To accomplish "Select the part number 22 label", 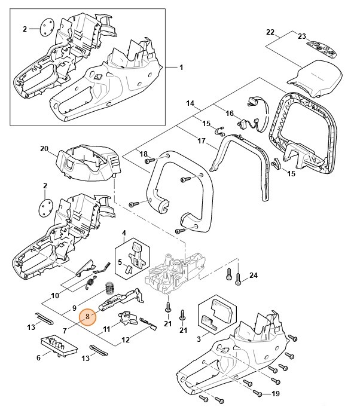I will [270, 32].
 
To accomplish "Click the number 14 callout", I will [191, 104].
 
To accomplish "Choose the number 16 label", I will [229, 113].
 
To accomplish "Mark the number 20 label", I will [44, 149].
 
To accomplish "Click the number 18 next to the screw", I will [143, 154].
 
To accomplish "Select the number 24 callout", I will [254, 276].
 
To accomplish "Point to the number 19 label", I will [276, 393].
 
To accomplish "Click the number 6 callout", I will [38, 358].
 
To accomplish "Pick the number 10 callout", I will [54, 295].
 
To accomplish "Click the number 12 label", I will [126, 340].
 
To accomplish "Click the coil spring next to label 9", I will [109, 289].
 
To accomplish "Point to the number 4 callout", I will [124, 232].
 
